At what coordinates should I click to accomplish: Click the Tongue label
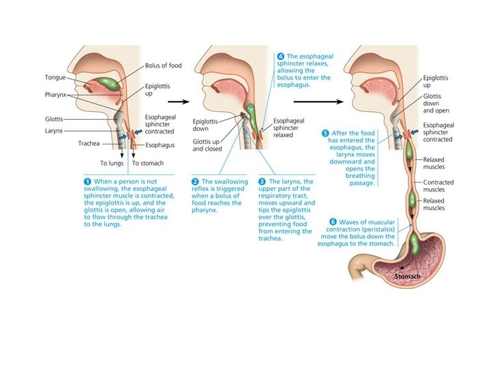pos(55,77)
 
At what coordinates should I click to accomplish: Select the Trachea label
pos(90,144)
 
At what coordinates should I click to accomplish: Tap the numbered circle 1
pos(87,181)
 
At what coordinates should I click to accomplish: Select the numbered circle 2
pos(195,181)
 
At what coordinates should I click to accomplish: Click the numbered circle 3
pos(263,181)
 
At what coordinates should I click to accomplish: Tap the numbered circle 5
pos(325,133)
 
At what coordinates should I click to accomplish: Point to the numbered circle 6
pos(333,222)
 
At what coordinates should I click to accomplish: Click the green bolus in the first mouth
pos(106,85)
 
